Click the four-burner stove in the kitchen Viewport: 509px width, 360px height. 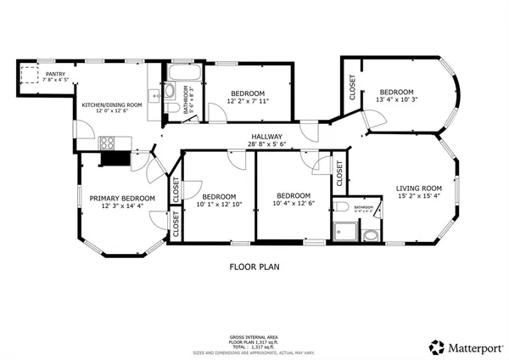pyautogui.click(x=109, y=142)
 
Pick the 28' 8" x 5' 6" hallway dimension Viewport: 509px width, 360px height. pyautogui.click(x=266, y=144)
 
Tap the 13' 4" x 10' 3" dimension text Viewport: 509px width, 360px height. pyautogui.click(x=396, y=100)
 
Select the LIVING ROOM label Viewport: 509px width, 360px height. pyautogui.click(x=419, y=188)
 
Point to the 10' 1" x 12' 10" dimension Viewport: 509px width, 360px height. pyautogui.click(x=219, y=205)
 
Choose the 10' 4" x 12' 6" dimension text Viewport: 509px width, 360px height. pyautogui.click(x=294, y=203)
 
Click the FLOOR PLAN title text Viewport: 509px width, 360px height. pyautogui.click(x=254, y=266)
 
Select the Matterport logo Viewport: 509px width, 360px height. pyautogui.click(x=466, y=346)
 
